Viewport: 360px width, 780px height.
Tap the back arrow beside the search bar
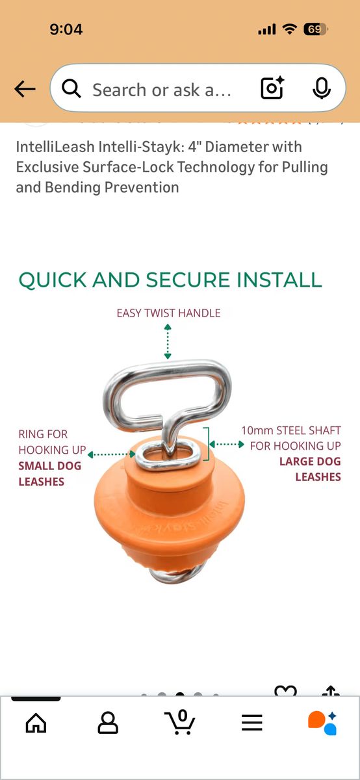[25, 89]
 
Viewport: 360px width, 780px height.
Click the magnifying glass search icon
[71, 88]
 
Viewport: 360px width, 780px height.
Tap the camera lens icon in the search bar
[272, 88]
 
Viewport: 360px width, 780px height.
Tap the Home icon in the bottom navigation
[36, 723]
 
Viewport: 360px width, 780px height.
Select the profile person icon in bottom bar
[108, 723]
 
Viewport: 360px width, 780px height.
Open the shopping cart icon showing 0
[179, 722]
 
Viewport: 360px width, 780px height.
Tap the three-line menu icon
[251, 723]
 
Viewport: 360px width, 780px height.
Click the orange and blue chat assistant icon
[323, 723]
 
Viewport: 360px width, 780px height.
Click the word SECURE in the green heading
[188, 280]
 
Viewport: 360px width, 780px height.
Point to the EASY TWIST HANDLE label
[168, 313]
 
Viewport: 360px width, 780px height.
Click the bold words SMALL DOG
[50, 465]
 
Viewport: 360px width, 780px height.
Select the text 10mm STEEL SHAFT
[291, 430]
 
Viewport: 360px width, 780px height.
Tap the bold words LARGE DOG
[310, 461]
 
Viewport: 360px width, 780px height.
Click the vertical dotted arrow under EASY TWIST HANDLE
[168, 341]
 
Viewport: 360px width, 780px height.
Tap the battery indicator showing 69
[315, 29]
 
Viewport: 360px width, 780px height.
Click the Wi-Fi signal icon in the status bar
[289, 29]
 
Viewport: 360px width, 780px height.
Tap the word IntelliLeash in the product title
[55, 147]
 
